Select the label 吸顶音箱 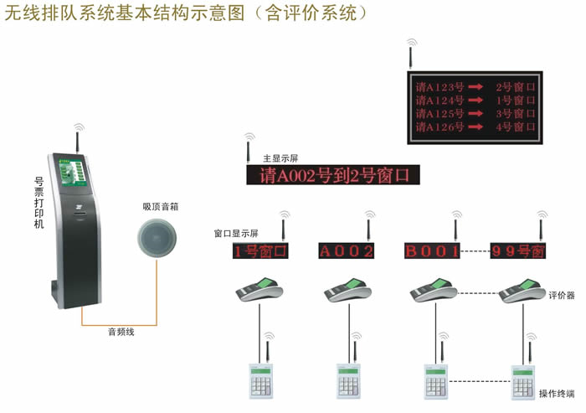158,205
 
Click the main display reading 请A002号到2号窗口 332,175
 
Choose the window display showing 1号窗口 260,250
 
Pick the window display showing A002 347,250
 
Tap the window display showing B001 432,250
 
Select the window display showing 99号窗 518,250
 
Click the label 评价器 561,295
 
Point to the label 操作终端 557,393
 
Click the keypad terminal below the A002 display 348,379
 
